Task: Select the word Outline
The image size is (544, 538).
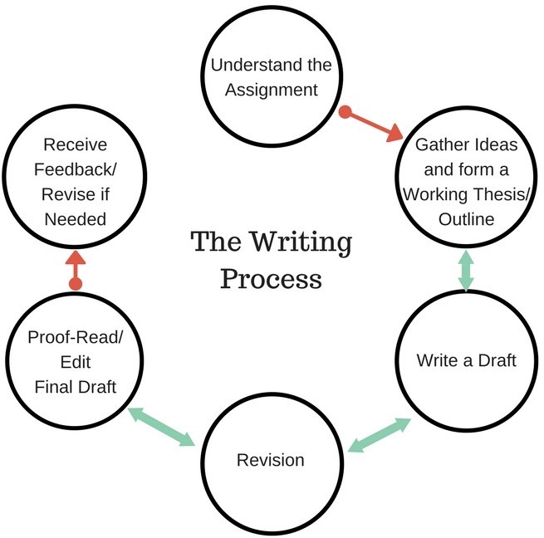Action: tap(467, 219)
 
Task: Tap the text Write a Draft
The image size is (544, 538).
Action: tap(466, 360)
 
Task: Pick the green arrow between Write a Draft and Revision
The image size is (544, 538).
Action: tap(380, 434)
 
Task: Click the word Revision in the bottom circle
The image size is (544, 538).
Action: tap(271, 459)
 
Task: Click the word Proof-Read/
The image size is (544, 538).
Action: tap(75, 338)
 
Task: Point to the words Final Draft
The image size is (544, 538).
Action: tap(76, 386)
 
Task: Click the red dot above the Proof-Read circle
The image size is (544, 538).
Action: tap(76, 284)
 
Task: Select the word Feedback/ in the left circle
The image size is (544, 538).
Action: tap(75, 169)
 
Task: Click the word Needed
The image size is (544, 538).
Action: tap(76, 219)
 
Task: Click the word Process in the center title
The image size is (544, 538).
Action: tap(271, 278)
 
